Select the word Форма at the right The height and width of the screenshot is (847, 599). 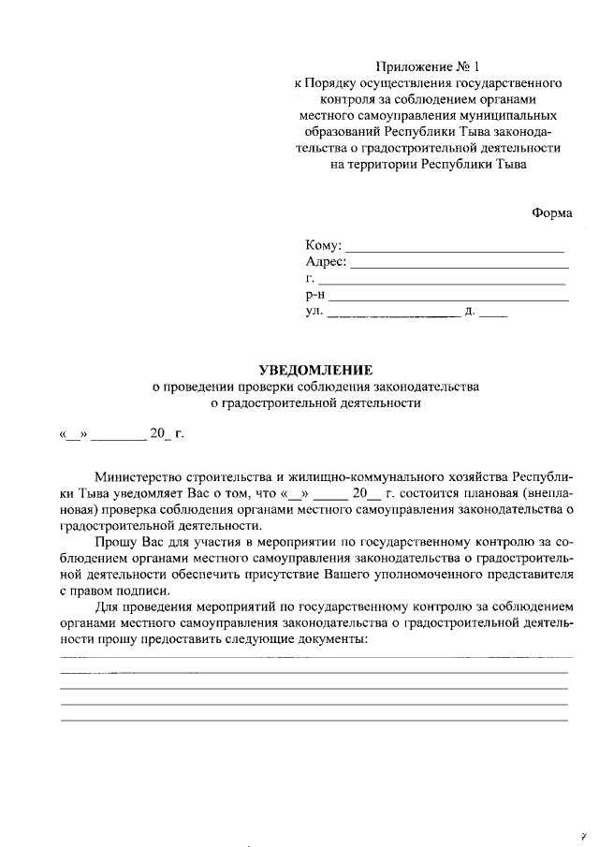click(552, 212)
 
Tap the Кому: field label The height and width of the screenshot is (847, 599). click(324, 246)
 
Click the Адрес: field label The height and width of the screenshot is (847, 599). click(326, 262)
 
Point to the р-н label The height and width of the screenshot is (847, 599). click(315, 295)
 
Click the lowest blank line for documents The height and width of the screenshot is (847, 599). click(314, 720)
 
